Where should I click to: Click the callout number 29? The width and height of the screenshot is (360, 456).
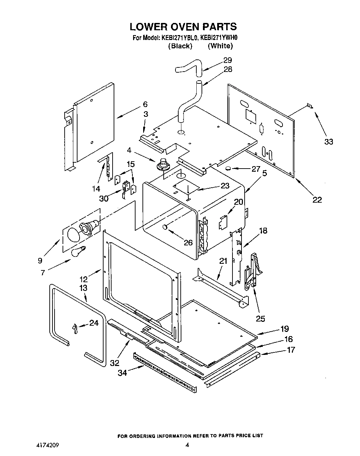[227, 60]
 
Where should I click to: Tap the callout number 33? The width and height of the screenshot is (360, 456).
[328, 141]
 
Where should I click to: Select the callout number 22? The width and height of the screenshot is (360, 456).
[317, 199]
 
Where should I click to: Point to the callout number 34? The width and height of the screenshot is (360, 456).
[122, 373]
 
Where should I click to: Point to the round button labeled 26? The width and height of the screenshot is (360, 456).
[165, 227]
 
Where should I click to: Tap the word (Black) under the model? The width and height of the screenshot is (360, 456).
[180, 46]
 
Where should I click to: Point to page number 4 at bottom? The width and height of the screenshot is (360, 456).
[187, 445]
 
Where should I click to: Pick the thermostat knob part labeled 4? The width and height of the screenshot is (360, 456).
[162, 164]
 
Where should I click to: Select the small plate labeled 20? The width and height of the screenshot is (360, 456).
[222, 222]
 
